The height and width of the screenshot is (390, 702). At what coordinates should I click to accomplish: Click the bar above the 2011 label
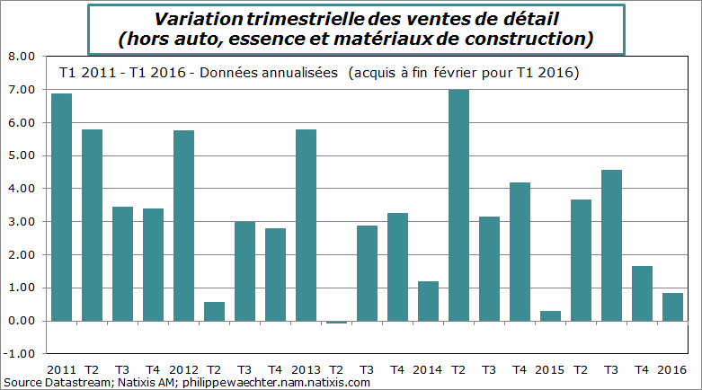coord(61,207)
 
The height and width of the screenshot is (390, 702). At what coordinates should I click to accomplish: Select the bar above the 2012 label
coord(183,226)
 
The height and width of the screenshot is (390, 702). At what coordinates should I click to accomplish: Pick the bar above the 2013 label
coord(306,225)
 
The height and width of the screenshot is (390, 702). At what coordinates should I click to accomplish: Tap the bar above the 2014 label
coord(428,301)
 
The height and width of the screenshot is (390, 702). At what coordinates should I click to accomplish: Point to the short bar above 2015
coord(550,316)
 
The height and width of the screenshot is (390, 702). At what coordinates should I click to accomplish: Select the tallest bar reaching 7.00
coord(458,205)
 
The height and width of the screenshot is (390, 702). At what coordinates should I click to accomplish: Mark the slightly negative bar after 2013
coord(336,322)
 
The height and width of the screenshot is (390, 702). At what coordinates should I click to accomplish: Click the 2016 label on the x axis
coord(672,369)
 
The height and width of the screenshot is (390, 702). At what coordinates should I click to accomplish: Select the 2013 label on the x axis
coord(306,369)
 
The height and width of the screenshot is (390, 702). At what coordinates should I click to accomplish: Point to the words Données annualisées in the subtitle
coord(270,71)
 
